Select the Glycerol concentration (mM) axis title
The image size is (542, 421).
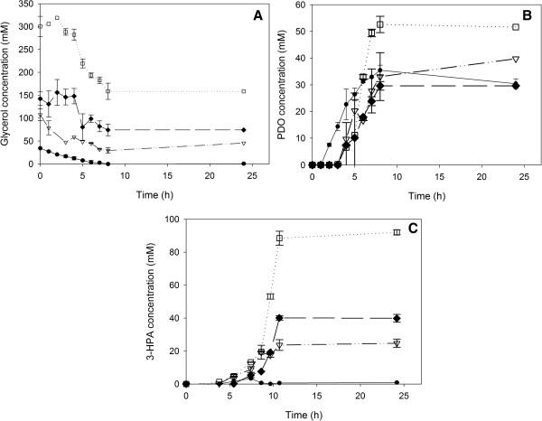pyautogui.click(x=8, y=85)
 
